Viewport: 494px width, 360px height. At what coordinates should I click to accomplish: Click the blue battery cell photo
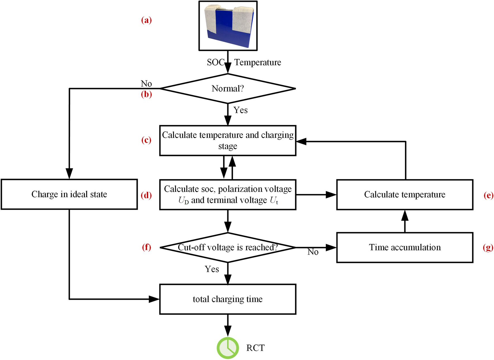coord(228,26)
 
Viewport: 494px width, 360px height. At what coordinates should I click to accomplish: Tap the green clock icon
coord(228,348)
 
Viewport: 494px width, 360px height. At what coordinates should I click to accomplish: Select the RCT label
coord(255,348)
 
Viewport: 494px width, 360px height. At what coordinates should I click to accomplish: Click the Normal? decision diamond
coord(228,89)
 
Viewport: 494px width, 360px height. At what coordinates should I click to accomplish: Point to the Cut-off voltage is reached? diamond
coord(228,247)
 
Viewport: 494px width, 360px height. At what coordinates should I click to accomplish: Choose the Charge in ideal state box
coord(69,194)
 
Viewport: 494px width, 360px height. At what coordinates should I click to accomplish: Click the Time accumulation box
coord(405,247)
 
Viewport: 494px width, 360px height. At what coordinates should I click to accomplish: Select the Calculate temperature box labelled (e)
coord(405,194)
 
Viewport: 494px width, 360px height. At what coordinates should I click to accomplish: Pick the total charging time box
coord(228,299)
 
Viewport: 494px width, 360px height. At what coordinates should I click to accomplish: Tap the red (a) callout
coord(147,20)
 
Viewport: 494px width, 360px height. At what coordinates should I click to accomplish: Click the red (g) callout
coord(488,247)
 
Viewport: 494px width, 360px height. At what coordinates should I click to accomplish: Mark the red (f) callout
coord(147,247)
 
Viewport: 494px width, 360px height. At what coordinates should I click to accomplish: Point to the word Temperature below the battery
coord(258,62)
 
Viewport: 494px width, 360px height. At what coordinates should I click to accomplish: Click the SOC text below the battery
coord(215,62)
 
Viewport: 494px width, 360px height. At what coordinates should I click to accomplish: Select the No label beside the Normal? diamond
coord(146,83)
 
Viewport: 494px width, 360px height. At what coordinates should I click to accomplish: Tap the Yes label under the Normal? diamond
coord(241,110)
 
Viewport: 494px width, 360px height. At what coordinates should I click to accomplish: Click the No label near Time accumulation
coord(313,252)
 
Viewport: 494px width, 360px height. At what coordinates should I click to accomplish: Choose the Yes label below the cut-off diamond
coord(212,269)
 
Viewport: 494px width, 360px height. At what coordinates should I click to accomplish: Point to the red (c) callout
coord(147,140)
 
